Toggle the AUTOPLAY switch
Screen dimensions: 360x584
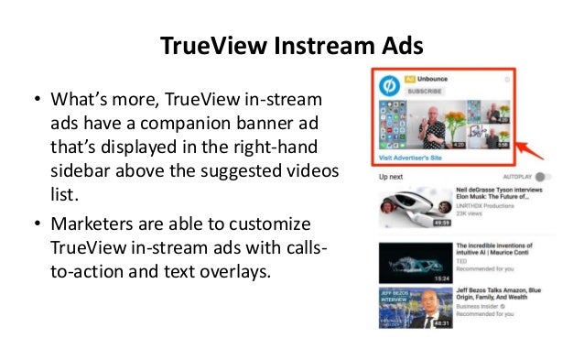tap(546, 177)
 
